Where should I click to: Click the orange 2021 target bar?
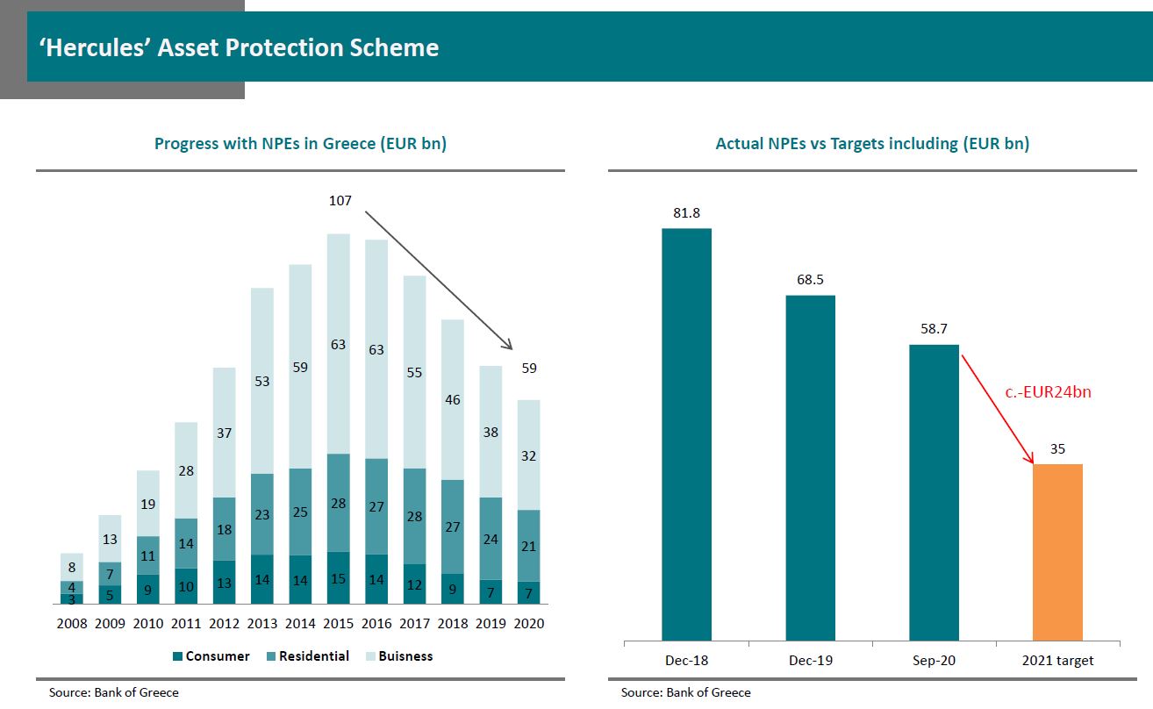tap(1057, 553)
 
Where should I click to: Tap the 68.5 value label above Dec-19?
tap(810, 280)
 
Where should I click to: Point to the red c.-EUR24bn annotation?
tap(1048, 392)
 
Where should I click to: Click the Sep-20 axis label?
tap(934, 660)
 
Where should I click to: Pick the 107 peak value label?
tap(340, 201)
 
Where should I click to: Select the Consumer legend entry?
tap(211, 656)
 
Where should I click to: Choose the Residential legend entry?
tap(306, 656)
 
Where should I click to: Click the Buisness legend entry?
tap(397, 656)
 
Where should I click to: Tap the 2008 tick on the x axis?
tap(73, 624)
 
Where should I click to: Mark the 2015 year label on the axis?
tap(339, 624)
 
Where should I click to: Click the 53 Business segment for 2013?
tap(261, 381)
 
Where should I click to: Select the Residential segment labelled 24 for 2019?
tap(491, 539)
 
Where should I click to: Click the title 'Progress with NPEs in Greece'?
tap(300, 143)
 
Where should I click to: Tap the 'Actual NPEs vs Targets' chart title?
tap(872, 143)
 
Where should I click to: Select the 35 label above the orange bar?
tap(1057, 449)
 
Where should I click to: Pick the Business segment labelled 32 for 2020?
tap(528, 455)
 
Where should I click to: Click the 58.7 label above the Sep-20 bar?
tap(934, 329)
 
